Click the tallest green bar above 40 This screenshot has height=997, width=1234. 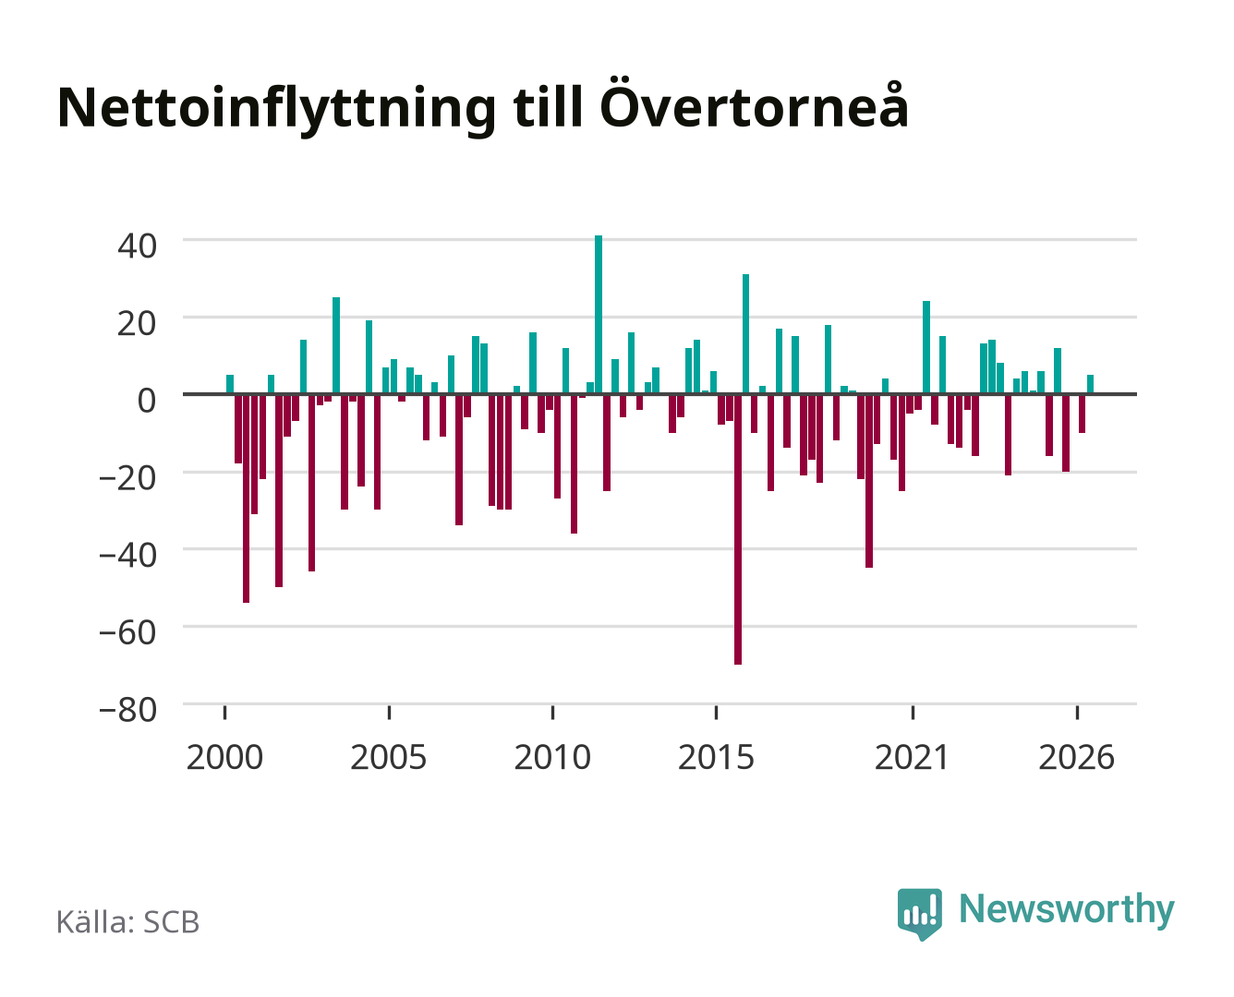click(599, 315)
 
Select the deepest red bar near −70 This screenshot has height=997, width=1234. click(737, 529)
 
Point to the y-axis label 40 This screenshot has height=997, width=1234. click(137, 246)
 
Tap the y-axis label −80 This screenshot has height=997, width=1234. click(127, 710)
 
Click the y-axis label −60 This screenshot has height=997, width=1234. click(127, 632)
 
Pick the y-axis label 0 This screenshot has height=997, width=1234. click(147, 400)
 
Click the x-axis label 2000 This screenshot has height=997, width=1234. click(224, 757)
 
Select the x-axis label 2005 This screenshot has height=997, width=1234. click(389, 757)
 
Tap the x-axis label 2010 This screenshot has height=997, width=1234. click(552, 757)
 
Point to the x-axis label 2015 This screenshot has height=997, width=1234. click(716, 757)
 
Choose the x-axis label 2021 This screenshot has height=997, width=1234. click(912, 757)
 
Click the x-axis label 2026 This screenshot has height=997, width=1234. click(1076, 757)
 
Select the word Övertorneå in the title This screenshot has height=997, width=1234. click(754, 103)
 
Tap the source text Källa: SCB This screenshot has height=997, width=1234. click(128, 921)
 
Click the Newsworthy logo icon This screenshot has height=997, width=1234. click(919, 913)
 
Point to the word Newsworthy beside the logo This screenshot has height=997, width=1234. click(1067, 909)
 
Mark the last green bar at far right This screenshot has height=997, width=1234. click(1090, 384)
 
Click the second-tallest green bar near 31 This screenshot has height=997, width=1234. click(745, 334)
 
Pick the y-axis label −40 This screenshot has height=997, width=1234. click(127, 555)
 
